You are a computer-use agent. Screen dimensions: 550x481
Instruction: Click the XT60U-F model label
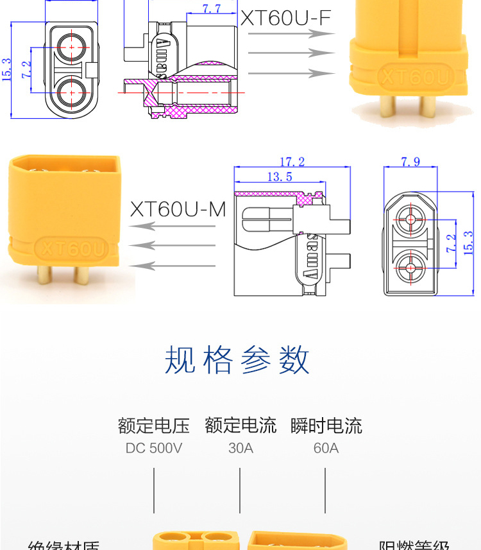pyautogui.click(x=285, y=19)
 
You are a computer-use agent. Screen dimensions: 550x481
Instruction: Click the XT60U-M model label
pyautogui.click(x=178, y=209)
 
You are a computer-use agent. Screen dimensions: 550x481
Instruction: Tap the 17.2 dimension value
pyautogui.click(x=292, y=162)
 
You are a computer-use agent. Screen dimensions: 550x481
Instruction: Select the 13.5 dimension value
pyautogui.click(x=280, y=176)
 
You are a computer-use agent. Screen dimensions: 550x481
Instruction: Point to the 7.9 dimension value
pyautogui.click(x=410, y=162)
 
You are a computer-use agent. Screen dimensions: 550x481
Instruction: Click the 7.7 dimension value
pyautogui.click(x=211, y=8)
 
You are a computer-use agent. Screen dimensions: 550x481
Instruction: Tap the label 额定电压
pyautogui.click(x=154, y=425)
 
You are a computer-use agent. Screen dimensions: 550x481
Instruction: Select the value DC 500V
pyautogui.click(x=154, y=448)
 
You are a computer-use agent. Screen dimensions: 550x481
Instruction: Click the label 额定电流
pyautogui.click(x=240, y=425)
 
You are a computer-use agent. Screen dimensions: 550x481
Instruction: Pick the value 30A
pyautogui.click(x=240, y=448)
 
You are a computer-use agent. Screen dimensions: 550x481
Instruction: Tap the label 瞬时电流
pyautogui.click(x=326, y=425)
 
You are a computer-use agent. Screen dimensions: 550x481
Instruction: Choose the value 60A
pyautogui.click(x=326, y=448)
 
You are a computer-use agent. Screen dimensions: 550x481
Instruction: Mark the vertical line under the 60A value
pyautogui.click(x=325, y=490)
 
